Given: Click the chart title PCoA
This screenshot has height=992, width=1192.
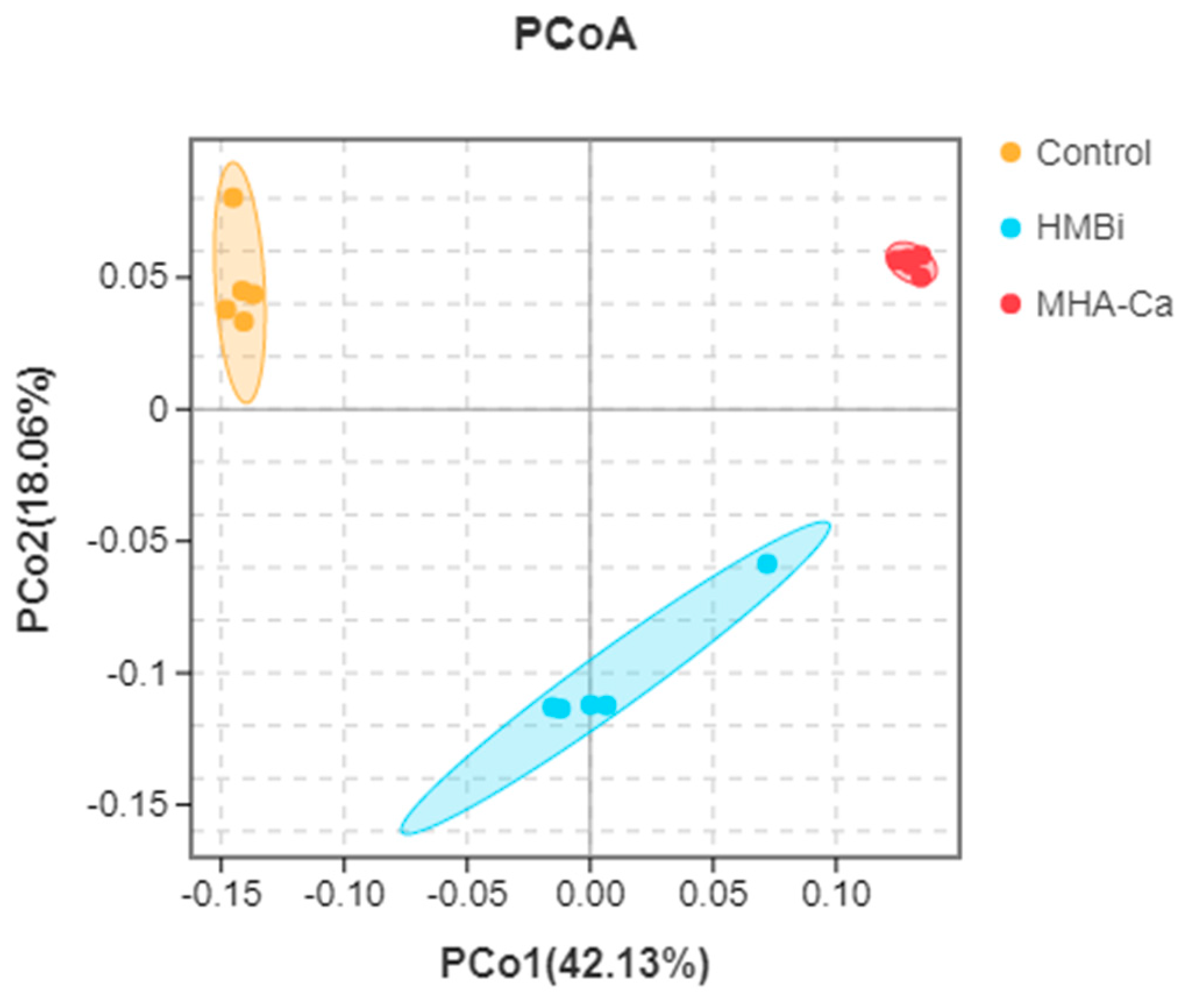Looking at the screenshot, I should click(575, 35).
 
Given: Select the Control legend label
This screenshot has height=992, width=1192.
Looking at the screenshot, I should click(1093, 153).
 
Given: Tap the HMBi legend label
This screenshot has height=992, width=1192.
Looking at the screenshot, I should click(1080, 227).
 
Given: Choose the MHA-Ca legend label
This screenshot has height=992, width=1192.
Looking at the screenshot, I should click(1104, 304).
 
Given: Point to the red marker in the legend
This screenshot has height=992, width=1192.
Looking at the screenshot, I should click(1011, 304).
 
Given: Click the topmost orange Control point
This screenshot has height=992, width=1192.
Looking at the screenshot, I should click(233, 198).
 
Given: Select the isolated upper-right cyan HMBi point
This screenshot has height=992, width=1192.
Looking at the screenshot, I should click(767, 563).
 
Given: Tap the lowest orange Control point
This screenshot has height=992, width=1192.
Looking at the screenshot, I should click(244, 321).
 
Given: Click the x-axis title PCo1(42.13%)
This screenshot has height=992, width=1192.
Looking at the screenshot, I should click(575, 963).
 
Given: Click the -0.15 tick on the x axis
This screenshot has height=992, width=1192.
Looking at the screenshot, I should click(221, 894).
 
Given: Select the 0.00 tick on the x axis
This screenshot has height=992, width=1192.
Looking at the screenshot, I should click(590, 894).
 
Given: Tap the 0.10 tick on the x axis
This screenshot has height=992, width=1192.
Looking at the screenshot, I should click(835, 894).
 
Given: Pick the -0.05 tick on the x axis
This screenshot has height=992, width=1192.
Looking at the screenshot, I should click(467, 894).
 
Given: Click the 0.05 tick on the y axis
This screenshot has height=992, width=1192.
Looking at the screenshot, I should click(133, 276).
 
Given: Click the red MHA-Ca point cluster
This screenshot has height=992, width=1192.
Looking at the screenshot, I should click(911, 264).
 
